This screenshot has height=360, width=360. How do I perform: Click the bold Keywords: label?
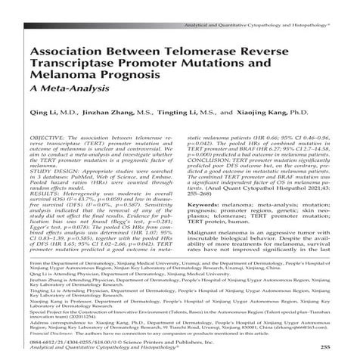(206, 204)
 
